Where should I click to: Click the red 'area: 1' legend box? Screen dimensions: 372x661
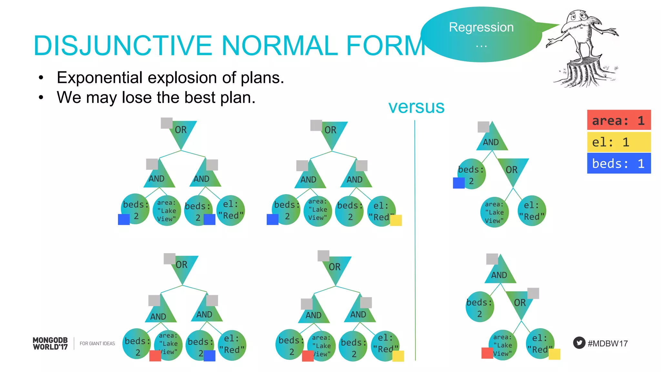click(x=618, y=120)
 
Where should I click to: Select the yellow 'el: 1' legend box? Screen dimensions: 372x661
click(x=618, y=142)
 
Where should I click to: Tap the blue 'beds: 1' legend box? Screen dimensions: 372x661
click(x=618, y=163)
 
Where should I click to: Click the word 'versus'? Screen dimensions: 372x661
click(x=416, y=107)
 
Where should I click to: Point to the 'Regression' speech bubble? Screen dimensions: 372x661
click(x=481, y=34)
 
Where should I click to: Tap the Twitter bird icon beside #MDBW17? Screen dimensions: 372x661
click(x=579, y=343)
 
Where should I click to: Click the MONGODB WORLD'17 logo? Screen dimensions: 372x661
click(x=50, y=344)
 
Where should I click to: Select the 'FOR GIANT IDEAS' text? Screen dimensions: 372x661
click(x=97, y=344)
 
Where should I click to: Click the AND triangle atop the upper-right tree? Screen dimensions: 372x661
click(x=492, y=139)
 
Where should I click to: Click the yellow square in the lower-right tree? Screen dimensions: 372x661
click(x=554, y=354)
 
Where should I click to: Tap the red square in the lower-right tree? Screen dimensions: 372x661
click(x=487, y=353)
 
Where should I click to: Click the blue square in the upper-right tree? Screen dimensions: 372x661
click(x=459, y=183)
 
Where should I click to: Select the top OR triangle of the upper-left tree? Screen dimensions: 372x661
click(x=182, y=132)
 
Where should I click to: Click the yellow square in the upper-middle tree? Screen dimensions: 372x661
click(x=396, y=220)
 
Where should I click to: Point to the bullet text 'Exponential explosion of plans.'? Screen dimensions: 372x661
click(x=170, y=78)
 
